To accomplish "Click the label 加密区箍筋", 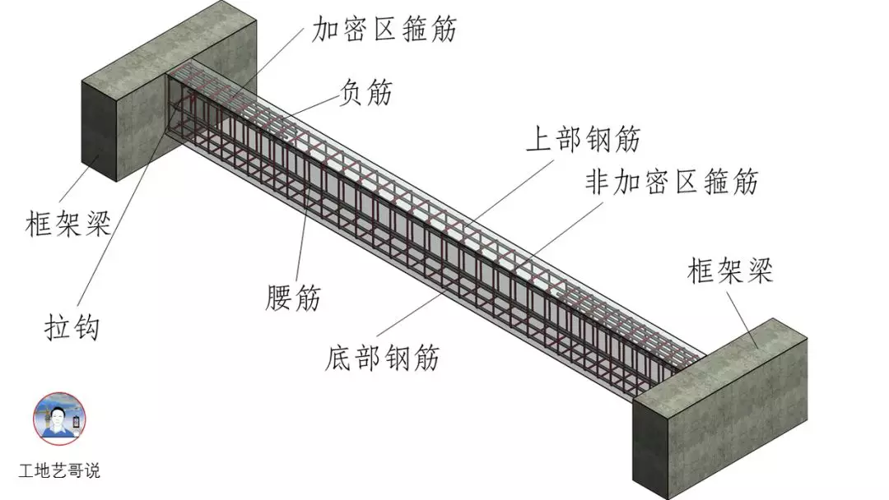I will point(384,30).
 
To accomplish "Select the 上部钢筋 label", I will point(583,140).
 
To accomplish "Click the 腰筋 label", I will point(293,298).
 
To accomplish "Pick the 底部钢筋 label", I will point(383,358).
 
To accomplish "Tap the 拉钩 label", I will point(72,327).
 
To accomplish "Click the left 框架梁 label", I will point(68,223).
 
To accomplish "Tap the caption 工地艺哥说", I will point(59,471).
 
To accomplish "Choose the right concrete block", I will point(724,411).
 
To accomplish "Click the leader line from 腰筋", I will point(305,238).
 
